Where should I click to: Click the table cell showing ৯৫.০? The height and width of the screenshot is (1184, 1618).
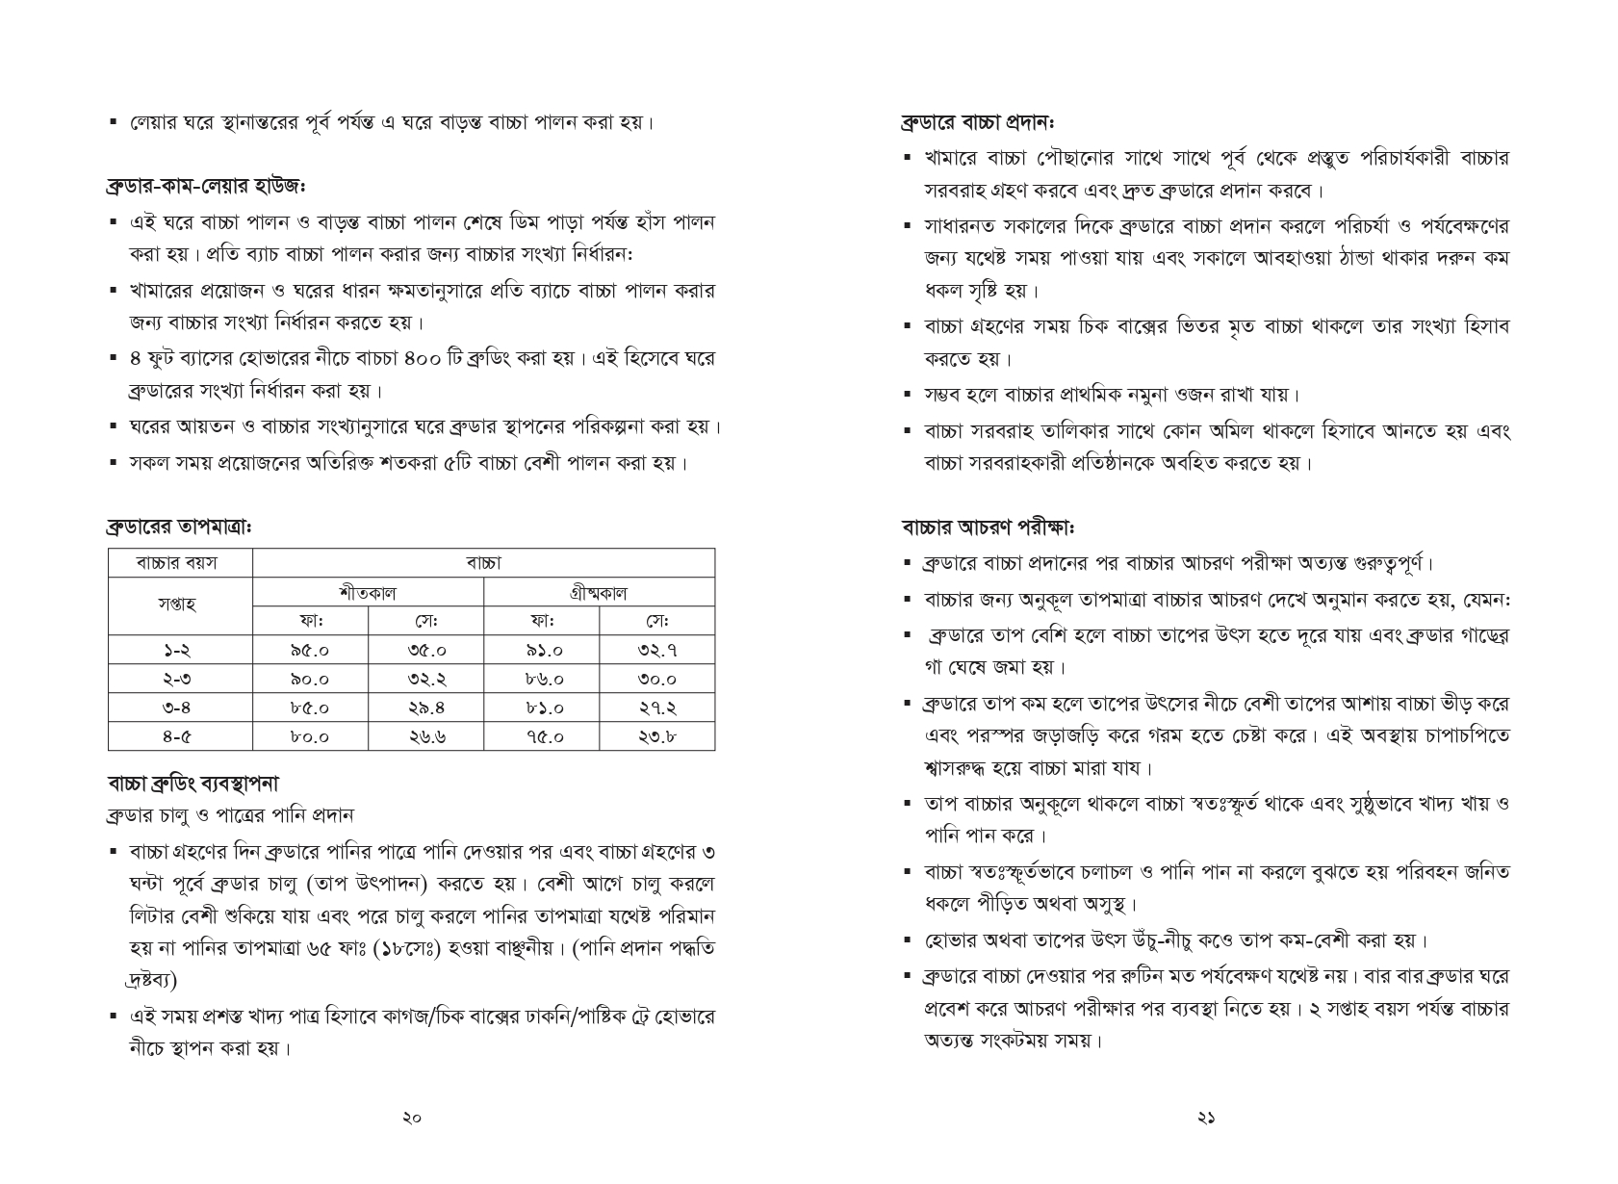coord(310,650)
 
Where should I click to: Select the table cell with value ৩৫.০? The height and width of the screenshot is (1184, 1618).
coord(425,650)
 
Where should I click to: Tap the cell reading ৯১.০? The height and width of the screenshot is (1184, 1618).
coord(541,650)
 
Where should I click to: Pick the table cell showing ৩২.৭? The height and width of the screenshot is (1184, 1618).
coord(656,650)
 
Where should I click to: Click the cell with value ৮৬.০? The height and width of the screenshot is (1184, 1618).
coord(541,679)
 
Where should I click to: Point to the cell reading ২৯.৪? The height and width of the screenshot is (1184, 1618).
coord(425,708)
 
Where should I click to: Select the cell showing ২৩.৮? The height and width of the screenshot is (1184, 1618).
coord(656,736)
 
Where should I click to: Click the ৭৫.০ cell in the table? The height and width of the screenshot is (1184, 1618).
coord(541,736)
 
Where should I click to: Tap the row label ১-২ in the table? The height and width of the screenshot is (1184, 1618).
coord(179,650)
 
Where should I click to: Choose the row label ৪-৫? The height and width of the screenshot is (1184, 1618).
coord(179,736)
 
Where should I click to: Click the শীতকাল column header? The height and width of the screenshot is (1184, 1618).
coord(368,592)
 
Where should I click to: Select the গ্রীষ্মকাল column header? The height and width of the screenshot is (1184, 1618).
coord(599,592)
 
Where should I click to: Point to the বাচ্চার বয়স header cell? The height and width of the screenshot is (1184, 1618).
coord(179,563)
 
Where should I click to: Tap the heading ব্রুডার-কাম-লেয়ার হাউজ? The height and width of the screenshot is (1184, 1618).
coord(206,184)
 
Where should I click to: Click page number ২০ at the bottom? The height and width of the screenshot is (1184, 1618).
coord(412,1119)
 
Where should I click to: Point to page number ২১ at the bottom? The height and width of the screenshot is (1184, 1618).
coord(1206,1119)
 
